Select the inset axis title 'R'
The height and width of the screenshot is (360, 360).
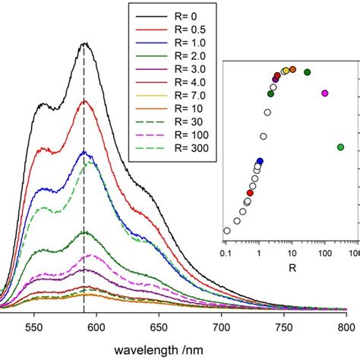point(292,267)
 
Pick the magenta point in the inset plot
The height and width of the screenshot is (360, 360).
point(325,93)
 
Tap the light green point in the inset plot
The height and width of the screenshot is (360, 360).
point(340,147)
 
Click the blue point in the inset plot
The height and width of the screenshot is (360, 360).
point(260,161)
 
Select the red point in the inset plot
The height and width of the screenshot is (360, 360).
point(250,193)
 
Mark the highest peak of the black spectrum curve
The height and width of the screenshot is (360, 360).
point(84,44)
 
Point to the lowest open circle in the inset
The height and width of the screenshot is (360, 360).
point(226,230)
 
